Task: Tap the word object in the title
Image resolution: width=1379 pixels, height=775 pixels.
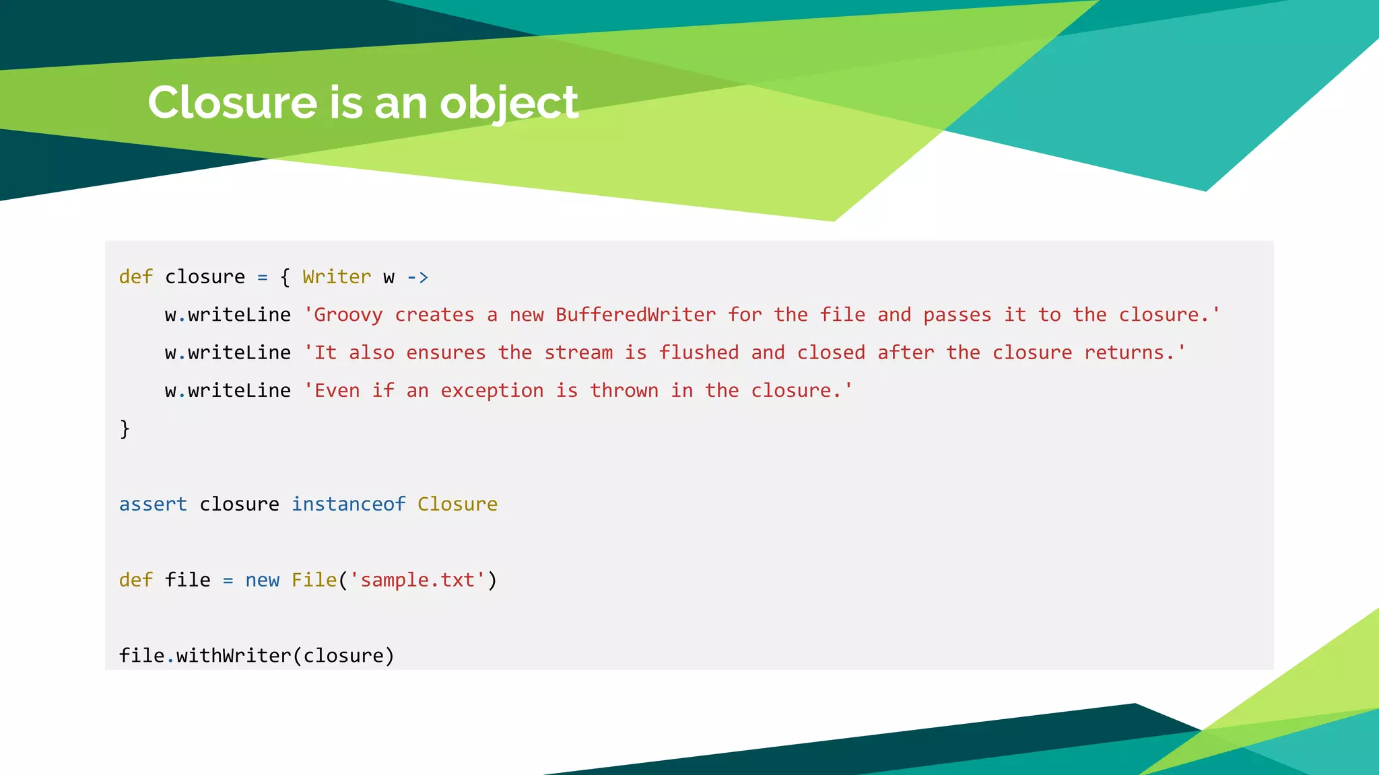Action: click(x=509, y=104)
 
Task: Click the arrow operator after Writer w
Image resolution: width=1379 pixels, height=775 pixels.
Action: click(x=417, y=277)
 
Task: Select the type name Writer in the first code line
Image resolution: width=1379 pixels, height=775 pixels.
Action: click(x=337, y=277)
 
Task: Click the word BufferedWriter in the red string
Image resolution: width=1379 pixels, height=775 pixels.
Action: click(x=636, y=315)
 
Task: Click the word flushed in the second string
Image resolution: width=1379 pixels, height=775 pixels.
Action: click(x=698, y=353)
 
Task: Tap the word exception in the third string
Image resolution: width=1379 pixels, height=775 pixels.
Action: click(x=492, y=391)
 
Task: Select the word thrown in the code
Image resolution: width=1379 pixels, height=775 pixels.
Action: click(x=624, y=391)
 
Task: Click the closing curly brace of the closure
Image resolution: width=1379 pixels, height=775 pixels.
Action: click(x=125, y=429)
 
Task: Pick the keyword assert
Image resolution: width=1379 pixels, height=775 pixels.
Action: click(x=153, y=504)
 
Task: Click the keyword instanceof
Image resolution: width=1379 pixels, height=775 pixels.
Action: click(x=348, y=504)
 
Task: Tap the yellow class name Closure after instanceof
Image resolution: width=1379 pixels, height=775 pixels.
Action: click(x=457, y=504)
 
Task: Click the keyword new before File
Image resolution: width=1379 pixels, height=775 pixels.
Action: click(x=262, y=580)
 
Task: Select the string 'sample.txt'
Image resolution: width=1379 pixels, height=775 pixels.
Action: click(x=417, y=580)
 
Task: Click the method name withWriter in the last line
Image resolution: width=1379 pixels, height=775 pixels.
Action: click(x=234, y=656)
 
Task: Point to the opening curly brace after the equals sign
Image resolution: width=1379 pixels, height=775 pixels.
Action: click(x=285, y=277)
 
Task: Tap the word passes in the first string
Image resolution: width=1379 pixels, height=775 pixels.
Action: click(x=957, y=315)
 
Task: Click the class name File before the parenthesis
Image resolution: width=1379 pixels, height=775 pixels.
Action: click(x=314, y=580)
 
